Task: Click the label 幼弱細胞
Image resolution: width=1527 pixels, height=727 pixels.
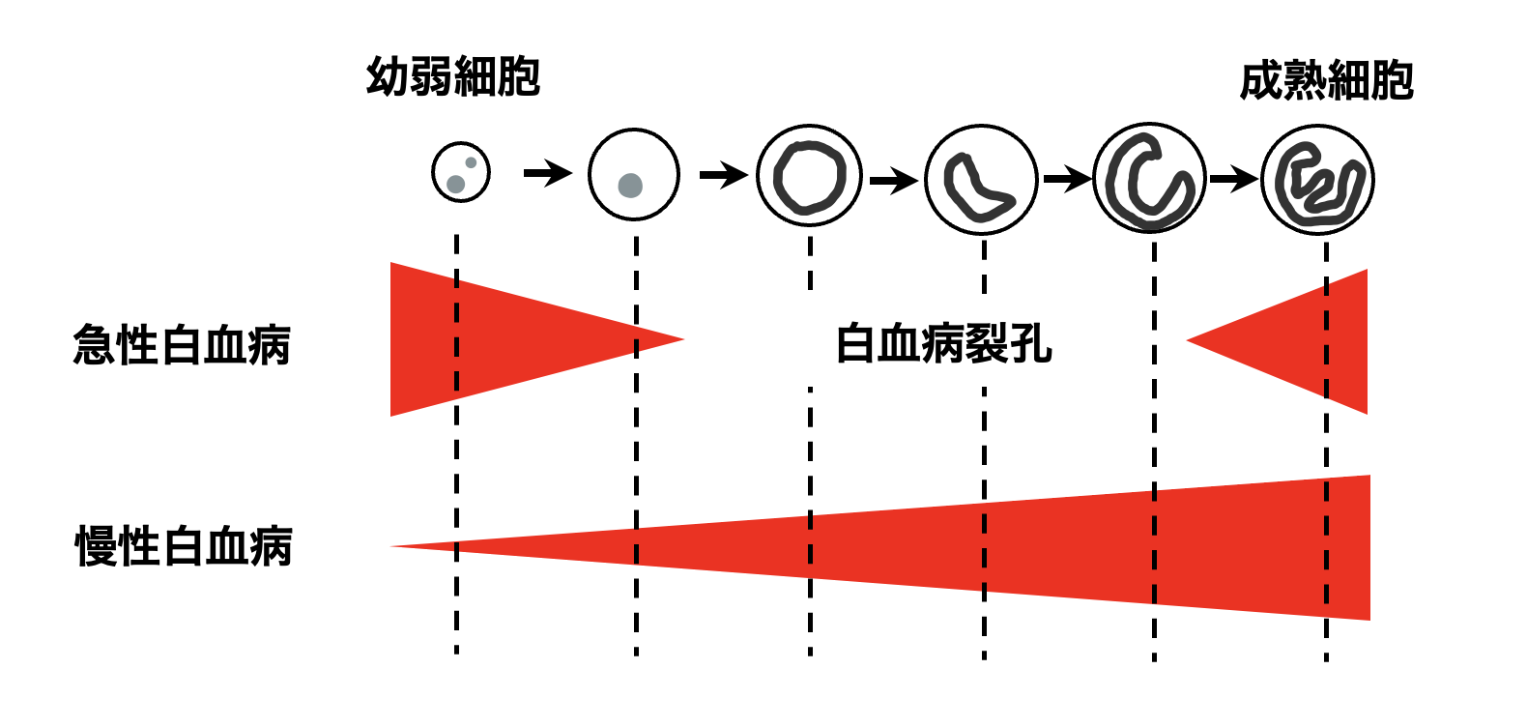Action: click(452, 76)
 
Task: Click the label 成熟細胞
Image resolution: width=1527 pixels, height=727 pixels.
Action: click(1326, 81)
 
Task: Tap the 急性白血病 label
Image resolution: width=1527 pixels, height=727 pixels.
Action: click(182, 345)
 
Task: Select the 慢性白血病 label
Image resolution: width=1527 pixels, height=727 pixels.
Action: click(184, 546)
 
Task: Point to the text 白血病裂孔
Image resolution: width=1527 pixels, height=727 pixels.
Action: click(943, 343)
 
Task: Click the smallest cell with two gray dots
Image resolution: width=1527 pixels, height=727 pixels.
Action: click(461, 173)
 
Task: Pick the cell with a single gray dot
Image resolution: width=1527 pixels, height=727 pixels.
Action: click(634, 175)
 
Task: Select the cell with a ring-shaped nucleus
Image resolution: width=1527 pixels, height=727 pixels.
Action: click(809, 176)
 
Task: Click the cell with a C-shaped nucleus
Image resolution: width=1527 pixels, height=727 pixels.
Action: click(1150, 178)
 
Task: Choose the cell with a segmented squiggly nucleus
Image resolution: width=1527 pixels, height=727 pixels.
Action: click(1318, 181)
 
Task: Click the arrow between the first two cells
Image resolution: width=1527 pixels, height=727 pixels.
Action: click(548, 174)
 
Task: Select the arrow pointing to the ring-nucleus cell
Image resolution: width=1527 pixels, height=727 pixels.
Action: click(724, 175)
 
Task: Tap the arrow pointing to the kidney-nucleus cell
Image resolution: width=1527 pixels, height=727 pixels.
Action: click(893, 180)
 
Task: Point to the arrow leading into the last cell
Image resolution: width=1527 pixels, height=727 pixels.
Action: click(1234, 179)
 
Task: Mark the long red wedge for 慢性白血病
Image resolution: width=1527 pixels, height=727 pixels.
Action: click(1063, 547)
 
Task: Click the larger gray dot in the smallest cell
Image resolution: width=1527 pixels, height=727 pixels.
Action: click(455, 183)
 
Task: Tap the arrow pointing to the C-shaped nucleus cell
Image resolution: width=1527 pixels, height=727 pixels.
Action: click(1067, 179)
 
